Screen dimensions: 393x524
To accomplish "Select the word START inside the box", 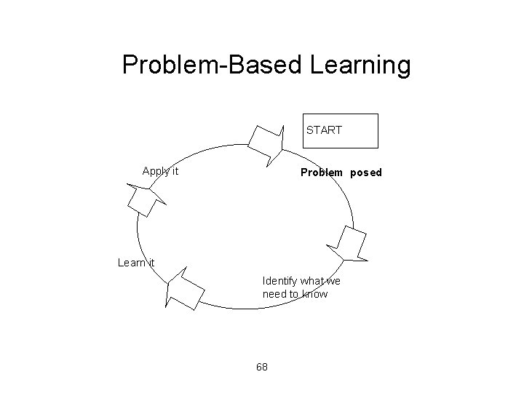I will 324,130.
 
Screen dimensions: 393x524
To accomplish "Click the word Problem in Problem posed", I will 322,173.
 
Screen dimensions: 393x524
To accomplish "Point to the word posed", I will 365,173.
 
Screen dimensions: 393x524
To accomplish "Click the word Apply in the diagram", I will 155,172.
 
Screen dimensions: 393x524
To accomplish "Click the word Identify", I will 279,281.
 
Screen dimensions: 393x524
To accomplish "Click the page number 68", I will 262,367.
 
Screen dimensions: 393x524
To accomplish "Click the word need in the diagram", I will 275,295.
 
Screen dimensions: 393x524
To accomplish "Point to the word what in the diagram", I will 312,281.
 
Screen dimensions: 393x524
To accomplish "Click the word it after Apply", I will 174,172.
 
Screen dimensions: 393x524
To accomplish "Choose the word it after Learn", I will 150,263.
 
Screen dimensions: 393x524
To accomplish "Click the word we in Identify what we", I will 334,281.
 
